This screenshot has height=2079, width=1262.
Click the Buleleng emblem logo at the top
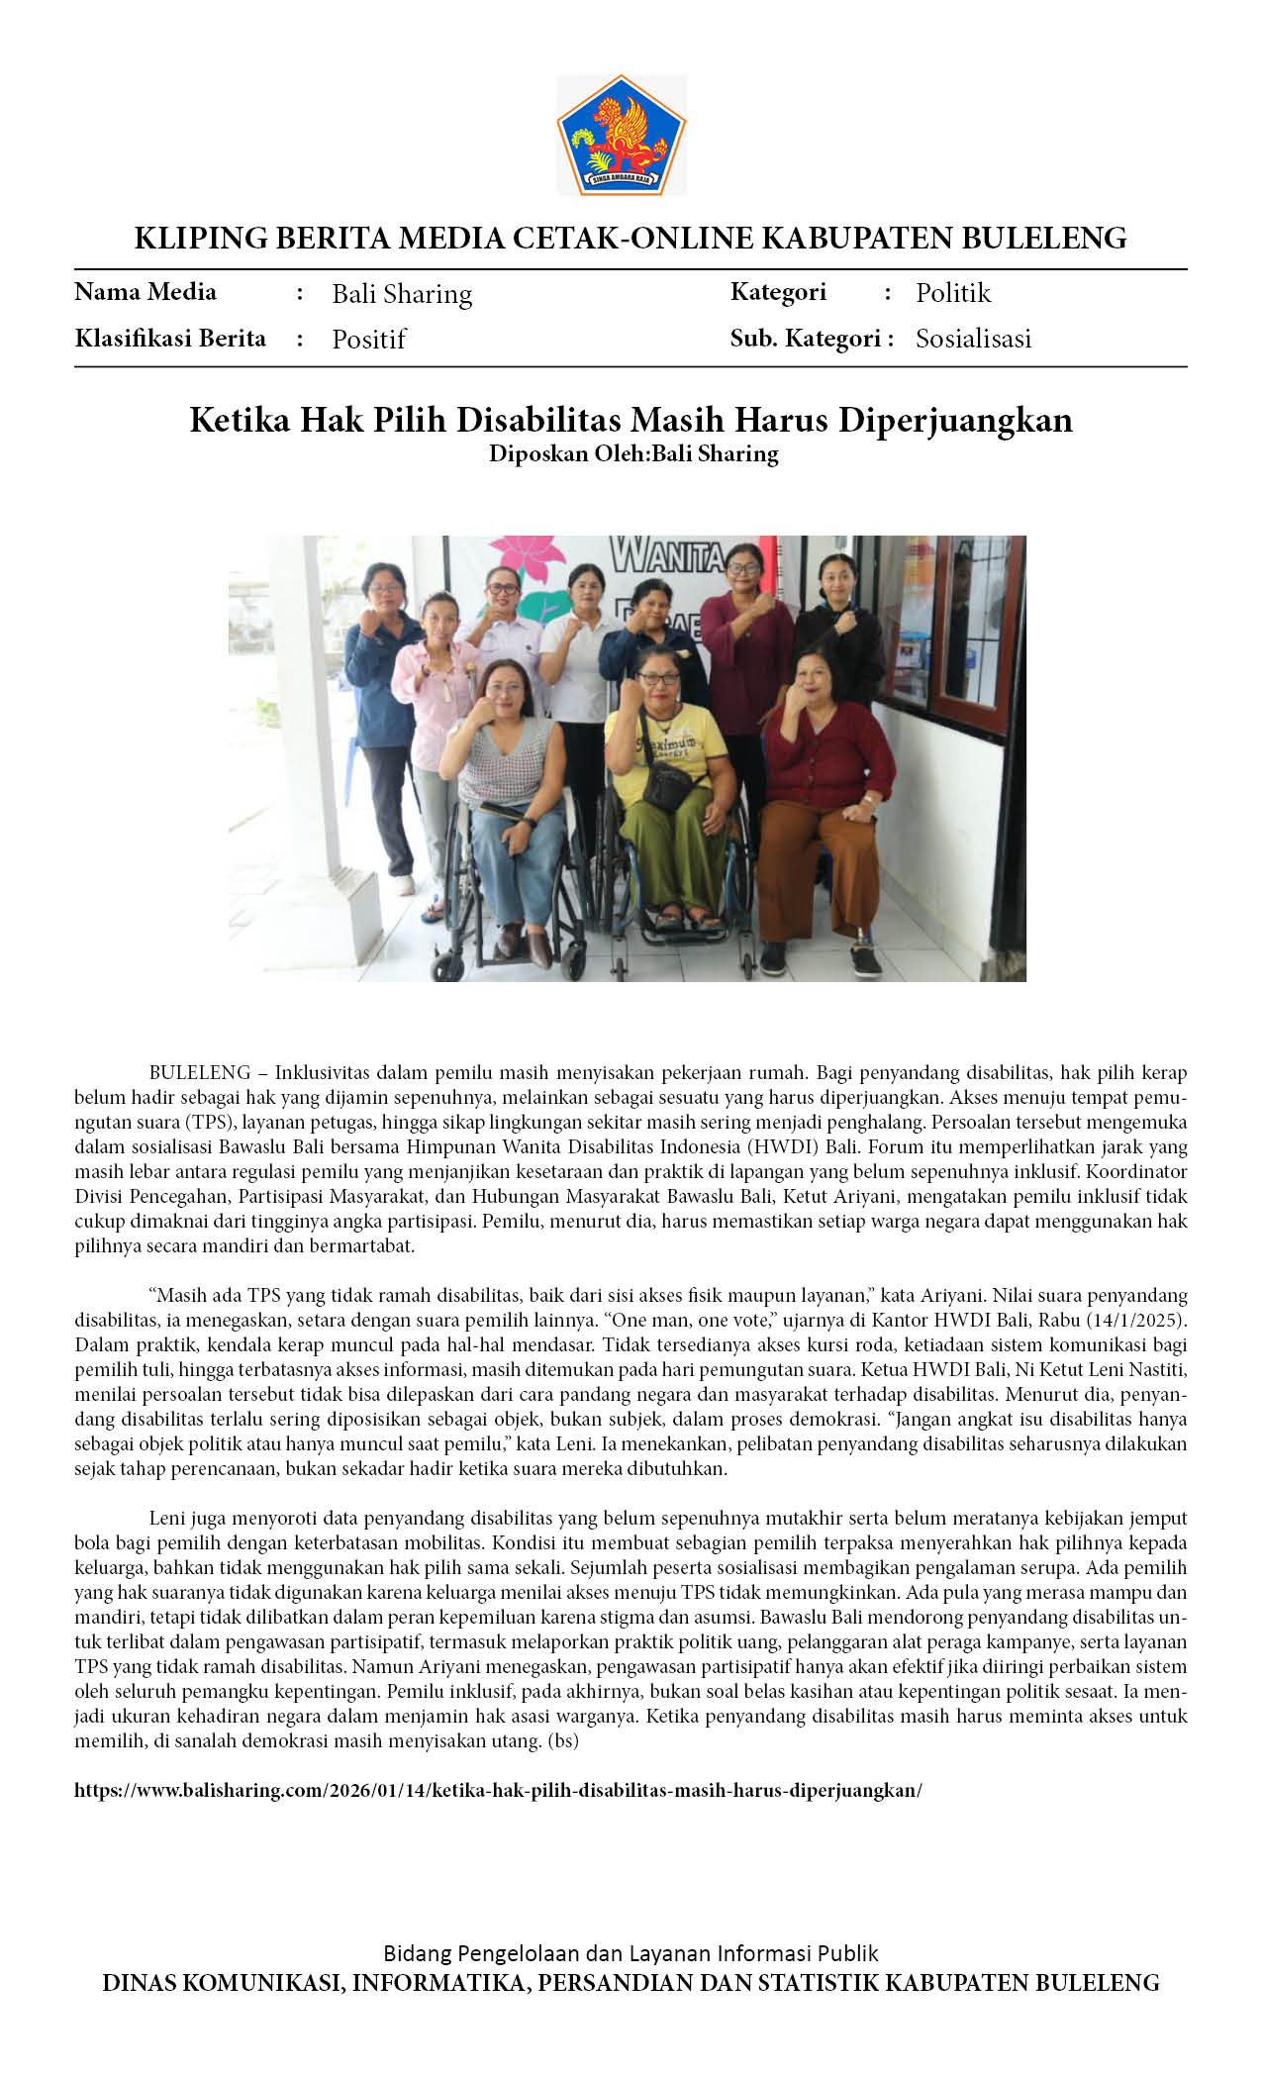(x=622, y=135)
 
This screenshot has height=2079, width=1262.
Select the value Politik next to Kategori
(x=952, y=293)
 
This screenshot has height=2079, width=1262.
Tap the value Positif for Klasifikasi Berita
(x=368, y=340)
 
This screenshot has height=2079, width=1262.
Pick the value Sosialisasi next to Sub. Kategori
(x=973, y=339)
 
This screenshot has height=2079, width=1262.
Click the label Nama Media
(x=146, y=292)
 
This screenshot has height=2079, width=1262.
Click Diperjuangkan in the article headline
(x=955, y=420)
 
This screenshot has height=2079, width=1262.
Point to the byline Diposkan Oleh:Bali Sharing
(x=633, y=453)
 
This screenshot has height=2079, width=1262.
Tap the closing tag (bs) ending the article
(x=563, y=1740)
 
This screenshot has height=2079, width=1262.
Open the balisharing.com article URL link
(x=498, y=1790)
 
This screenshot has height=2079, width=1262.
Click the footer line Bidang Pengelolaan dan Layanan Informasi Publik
(x=631, y=1953)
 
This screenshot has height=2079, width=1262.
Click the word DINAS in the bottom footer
(x=144, y=1983)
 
